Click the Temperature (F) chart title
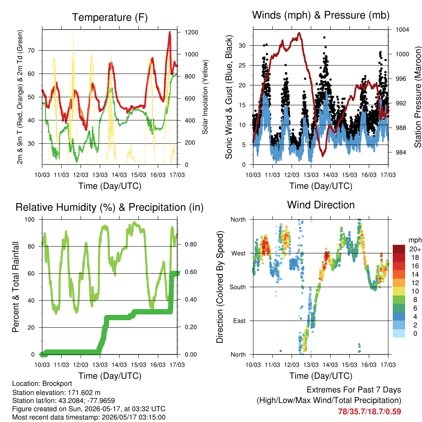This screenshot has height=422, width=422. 110,17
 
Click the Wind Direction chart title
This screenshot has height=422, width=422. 321,205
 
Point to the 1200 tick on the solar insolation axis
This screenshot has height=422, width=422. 191,32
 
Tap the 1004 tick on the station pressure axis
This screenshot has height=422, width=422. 402,30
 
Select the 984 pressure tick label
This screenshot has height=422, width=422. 401,152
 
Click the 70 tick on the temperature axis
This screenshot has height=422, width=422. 31,50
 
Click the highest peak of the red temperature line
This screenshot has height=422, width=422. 169,32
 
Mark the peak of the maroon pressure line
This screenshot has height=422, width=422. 299,33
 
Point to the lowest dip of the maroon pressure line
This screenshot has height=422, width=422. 323,155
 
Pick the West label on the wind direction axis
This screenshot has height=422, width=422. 239,253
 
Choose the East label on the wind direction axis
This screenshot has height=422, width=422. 239,321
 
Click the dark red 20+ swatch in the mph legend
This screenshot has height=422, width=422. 399,249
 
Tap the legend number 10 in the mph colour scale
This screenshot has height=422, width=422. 415,291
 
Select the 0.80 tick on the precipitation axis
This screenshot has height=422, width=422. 191,244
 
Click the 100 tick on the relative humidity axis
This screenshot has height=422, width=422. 30,219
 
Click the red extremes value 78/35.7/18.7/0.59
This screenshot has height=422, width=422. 370,412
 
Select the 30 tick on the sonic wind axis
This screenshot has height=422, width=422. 242,45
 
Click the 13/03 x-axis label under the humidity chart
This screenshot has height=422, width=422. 100,365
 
